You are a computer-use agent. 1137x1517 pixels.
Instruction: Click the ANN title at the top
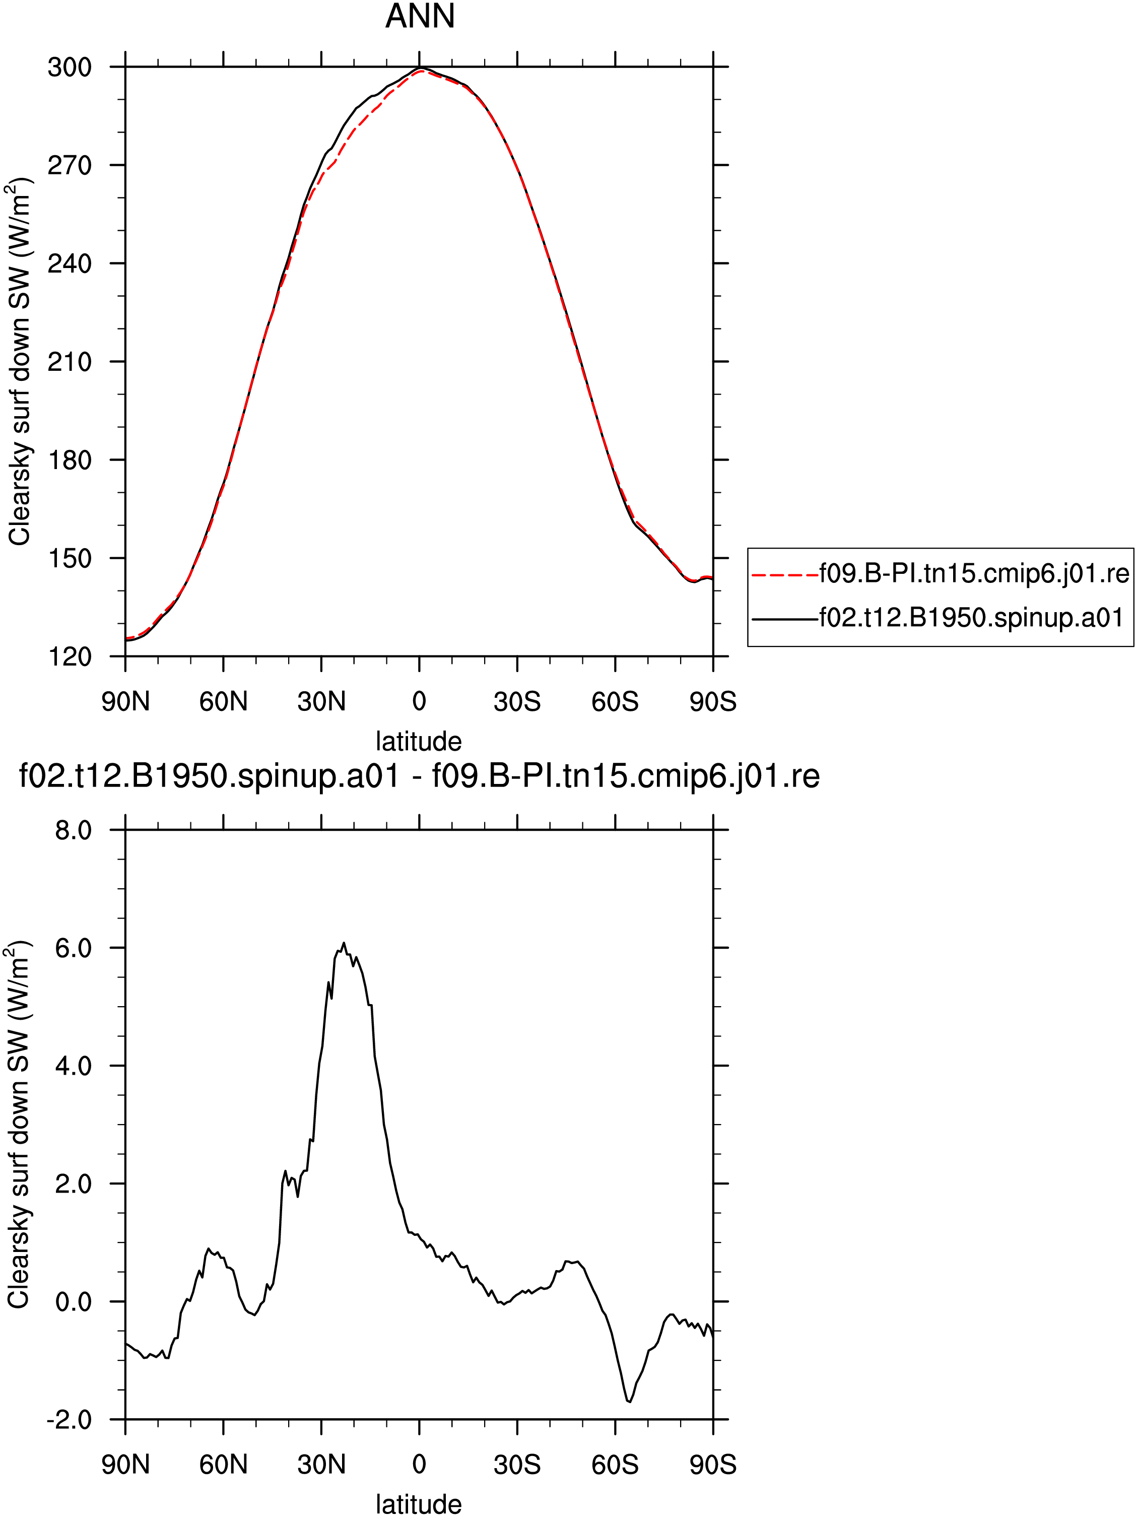pyautogui.click(x=420, y=17)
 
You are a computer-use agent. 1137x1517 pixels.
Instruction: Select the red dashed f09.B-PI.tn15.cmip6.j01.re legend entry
pyautogui.click(x=940, y=573)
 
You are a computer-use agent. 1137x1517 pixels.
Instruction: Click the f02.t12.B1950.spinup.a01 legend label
pyautogui.click(x=971, y=619)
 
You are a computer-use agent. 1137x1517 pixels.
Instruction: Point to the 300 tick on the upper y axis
pyautogui.click(x=69, y=67)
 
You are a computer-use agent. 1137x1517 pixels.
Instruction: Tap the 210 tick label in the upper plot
pyautogui.click(x=69, y=361)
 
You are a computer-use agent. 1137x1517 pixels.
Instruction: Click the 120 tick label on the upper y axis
pyautogui.click(x=69, y=656)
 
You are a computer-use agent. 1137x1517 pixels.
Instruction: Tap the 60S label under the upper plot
pyautogui.click(x=615, y=702)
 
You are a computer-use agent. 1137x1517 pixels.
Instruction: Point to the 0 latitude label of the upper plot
pyautogui.click(x=419, y=702)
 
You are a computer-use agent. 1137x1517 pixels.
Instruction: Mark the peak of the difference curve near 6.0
pyautogui.click(x=344, y=943)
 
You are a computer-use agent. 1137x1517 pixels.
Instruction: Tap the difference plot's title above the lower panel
pyautogui.click(x=419, y=776)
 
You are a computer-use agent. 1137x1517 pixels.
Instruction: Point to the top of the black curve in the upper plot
pyautogui.click(x=420, y=68)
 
